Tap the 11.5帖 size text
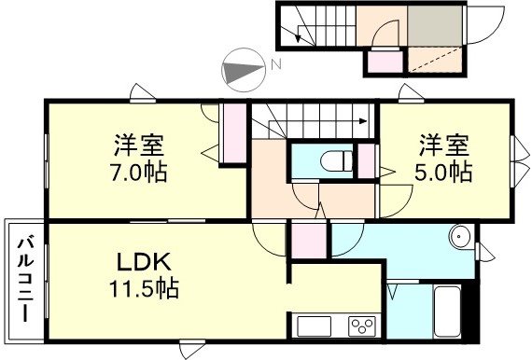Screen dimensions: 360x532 click(x=141, y=288)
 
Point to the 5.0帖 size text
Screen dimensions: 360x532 click(x=443, y=173)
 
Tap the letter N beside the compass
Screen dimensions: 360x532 click(x=275, y=65)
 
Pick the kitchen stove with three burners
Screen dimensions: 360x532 click(x=361, y=325)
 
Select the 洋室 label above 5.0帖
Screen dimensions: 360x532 click(x=443, y=147)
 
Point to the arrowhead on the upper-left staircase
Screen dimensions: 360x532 click(x=298, y=38)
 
